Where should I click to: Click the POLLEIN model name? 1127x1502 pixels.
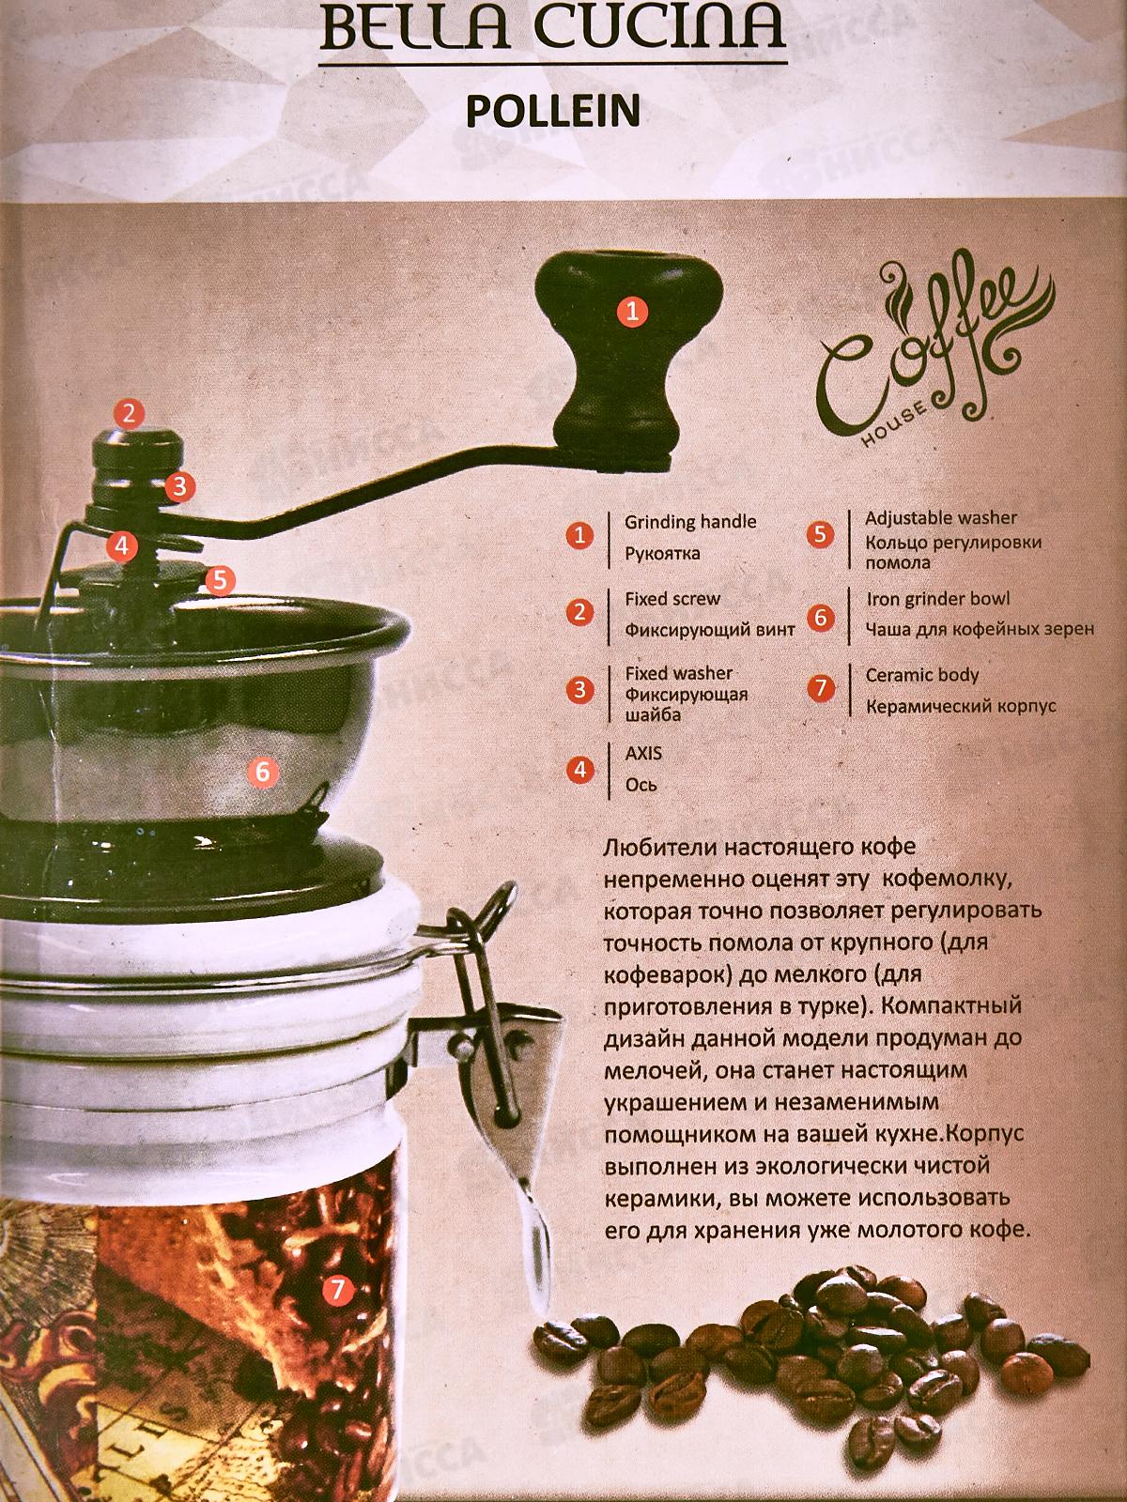pos(553,112)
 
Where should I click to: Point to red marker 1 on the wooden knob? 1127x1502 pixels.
pos(632,312)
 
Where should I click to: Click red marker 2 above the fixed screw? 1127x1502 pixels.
pos(130,413)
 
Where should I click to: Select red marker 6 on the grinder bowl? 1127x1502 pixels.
pos(263,772)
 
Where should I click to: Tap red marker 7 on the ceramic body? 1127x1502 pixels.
pos(336,1290)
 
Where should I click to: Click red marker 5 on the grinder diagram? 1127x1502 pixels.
pos(220,580)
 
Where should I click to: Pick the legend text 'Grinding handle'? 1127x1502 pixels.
pos(690,522)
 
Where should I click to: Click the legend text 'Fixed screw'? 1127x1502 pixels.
pos(672,599)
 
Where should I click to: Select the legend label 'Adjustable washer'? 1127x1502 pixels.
pos(941,518)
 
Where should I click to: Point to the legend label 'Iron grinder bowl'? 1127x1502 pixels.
pos(938,599)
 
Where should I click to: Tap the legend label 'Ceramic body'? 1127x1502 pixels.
pos(922,675)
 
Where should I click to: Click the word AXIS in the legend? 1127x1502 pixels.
pos(644,754)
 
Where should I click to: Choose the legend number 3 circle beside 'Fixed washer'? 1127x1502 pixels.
pos(580,689)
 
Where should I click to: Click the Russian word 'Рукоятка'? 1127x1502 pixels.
pos(662,553)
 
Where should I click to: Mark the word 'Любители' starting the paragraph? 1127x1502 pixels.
pos(659,847)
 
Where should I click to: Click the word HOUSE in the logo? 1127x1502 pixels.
pos(895,424)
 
